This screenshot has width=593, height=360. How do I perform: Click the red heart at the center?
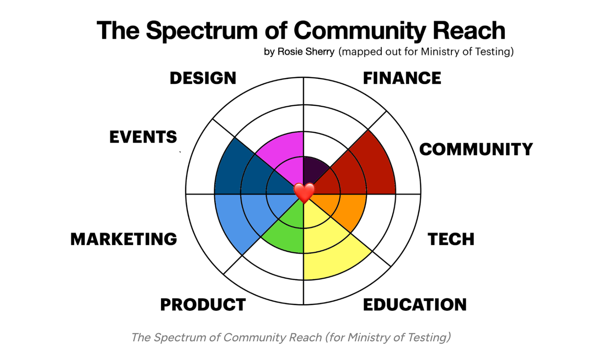304,193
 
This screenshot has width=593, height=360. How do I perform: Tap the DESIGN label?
203,78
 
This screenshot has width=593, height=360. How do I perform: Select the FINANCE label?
402,78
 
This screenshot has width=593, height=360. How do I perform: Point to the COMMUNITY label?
476,149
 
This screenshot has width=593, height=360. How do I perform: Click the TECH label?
451,239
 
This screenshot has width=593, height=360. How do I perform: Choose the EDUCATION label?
415,305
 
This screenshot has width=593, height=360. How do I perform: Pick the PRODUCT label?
203,305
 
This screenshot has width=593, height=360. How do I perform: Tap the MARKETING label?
124,239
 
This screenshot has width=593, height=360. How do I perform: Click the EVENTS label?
143,137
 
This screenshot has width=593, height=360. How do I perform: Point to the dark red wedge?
370,168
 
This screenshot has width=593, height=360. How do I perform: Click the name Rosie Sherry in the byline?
306,52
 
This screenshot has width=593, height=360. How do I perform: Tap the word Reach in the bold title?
469,31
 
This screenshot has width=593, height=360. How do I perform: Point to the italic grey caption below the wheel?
291,338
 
